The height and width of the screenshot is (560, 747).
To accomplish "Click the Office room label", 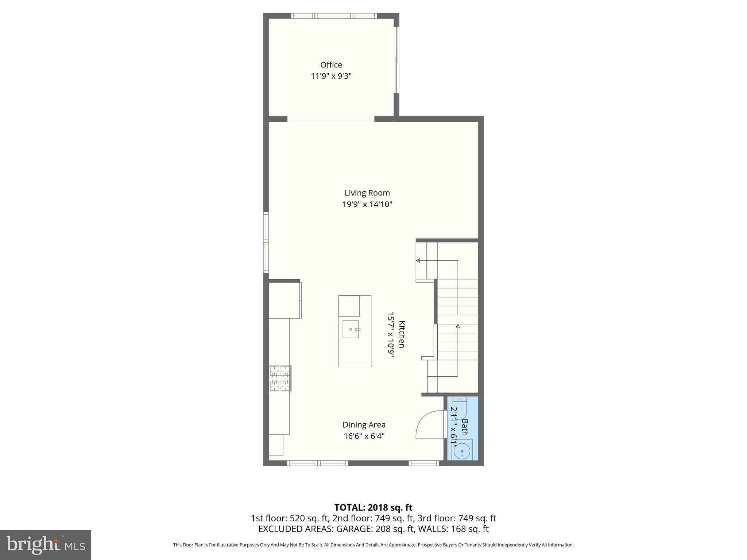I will [x=331, y=65].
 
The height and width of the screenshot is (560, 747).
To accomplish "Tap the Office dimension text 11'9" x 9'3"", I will [x=331, y=76].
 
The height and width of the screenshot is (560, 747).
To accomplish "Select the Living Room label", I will [x=367, y=193].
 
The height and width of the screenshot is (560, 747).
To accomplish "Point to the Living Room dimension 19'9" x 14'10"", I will [x=367, y=204].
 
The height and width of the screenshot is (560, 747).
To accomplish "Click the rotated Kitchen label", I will [x=401, y=334].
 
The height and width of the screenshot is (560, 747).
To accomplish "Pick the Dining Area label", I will [x=364, y=425].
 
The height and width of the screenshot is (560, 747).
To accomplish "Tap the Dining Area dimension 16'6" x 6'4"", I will [x=364, y=436].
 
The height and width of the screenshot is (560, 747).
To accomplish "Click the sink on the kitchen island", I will [x=351, y=329].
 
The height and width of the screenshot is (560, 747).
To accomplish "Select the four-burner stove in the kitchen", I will [x=280, y=378].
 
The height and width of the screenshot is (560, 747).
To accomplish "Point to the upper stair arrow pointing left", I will [x=418, y=261].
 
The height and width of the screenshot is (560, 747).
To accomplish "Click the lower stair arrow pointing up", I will [x=458, y=326].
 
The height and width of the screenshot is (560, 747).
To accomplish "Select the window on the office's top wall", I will [x=334, y=16].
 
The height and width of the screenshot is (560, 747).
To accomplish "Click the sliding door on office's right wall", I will [x=397, y=60].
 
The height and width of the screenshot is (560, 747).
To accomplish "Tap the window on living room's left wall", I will [x=266, y=242].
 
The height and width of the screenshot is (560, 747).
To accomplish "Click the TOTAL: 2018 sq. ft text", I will [x=373, y=507].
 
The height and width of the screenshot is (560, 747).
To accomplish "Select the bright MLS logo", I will [x=46, y=545].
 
